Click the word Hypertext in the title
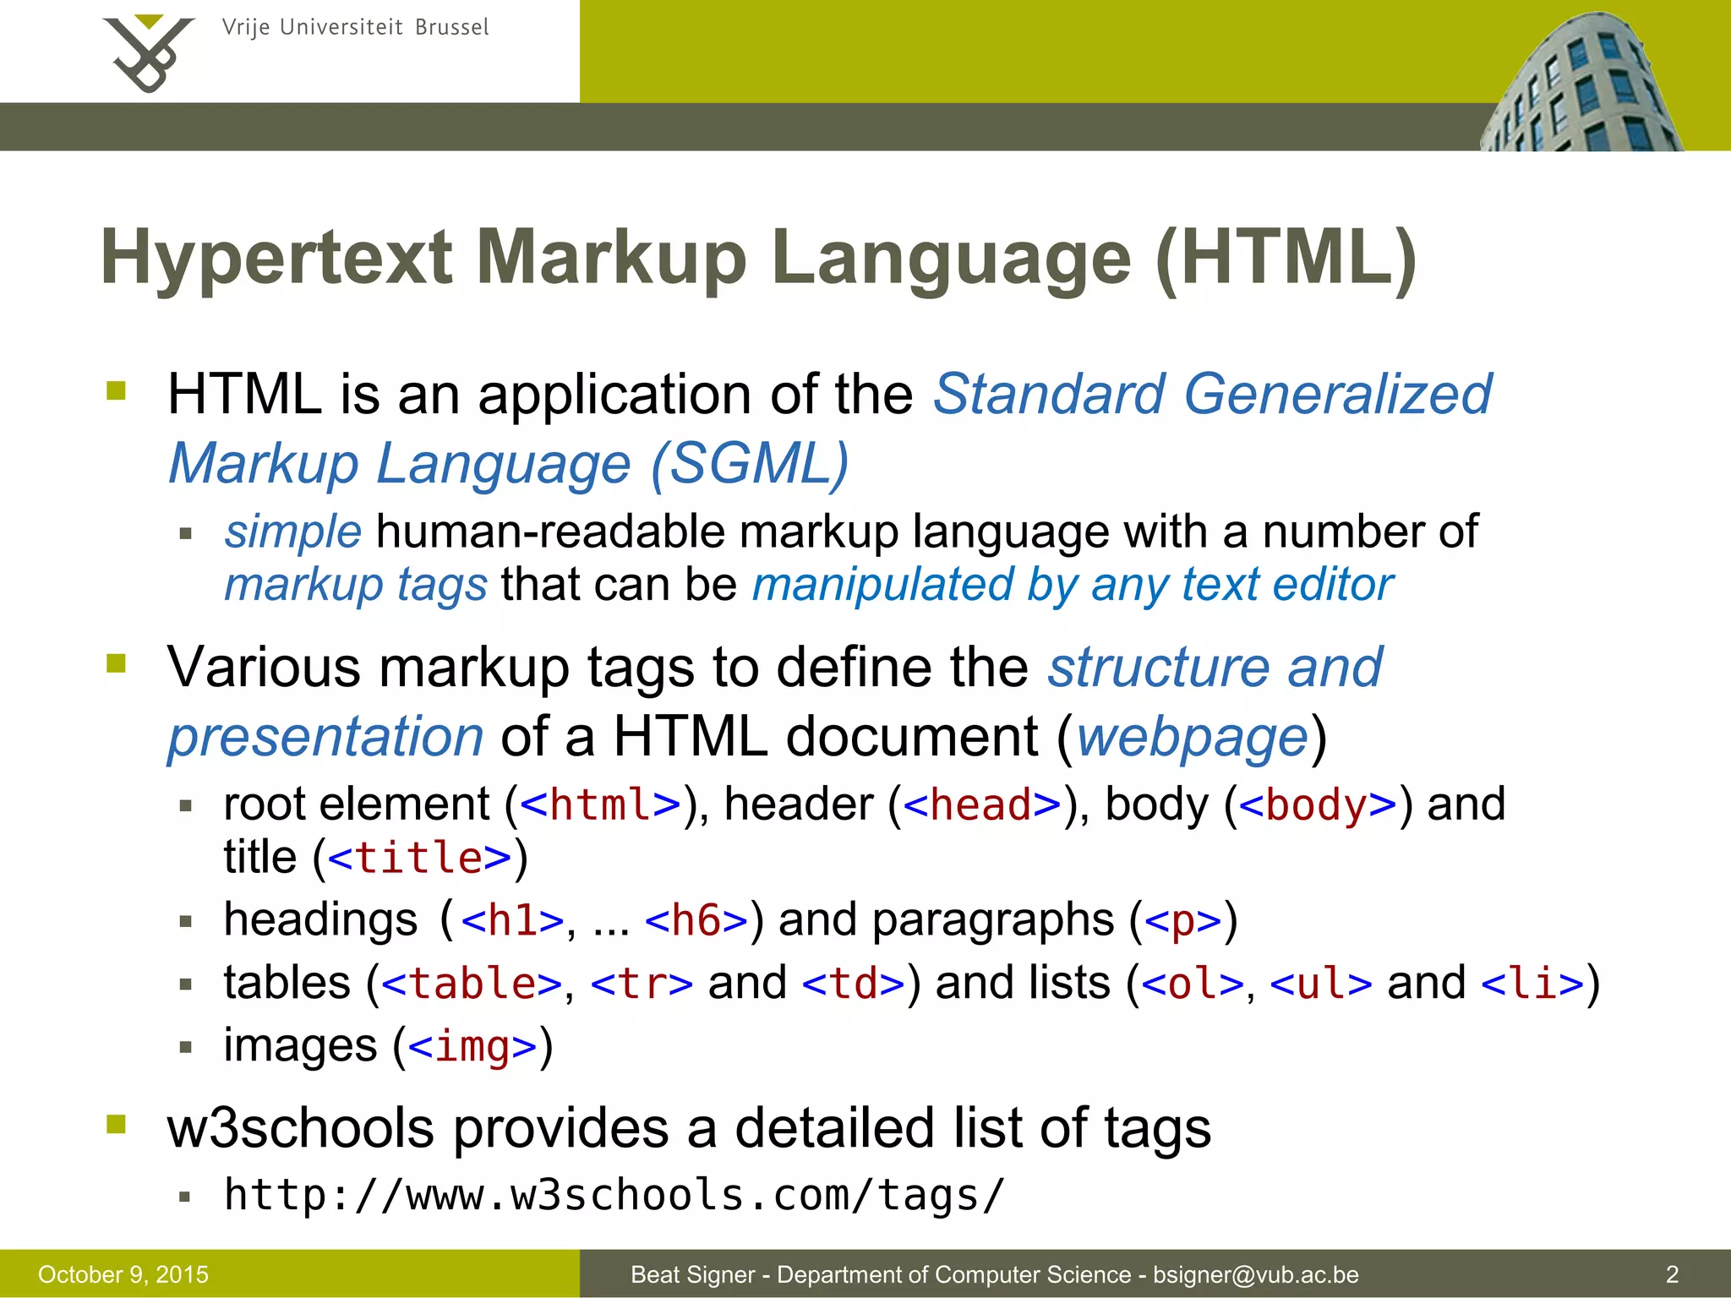click(x=276, y=259)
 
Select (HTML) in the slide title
click(x=1286, y=259)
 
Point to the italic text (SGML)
click(x=750, y=464)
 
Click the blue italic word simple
click(x=292, y=532)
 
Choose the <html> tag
click(x=601, y=804)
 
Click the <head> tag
click(x=981, y=804)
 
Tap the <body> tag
click(x=1318, y=804)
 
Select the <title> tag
click(x=419, y=859)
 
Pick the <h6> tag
click(x=696, y=920)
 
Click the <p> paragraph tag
click(x=1183, y=920)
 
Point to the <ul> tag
click(x=1320, y=984)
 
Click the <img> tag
click(x=472, y=1047)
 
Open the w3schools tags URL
click(x=614, y=1195)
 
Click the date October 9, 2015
click(x=123, y=1274)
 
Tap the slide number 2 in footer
click(x=1672, y=1274)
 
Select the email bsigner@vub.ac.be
click(x=1256, y=1274)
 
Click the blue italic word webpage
click(x=1193, y=737)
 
